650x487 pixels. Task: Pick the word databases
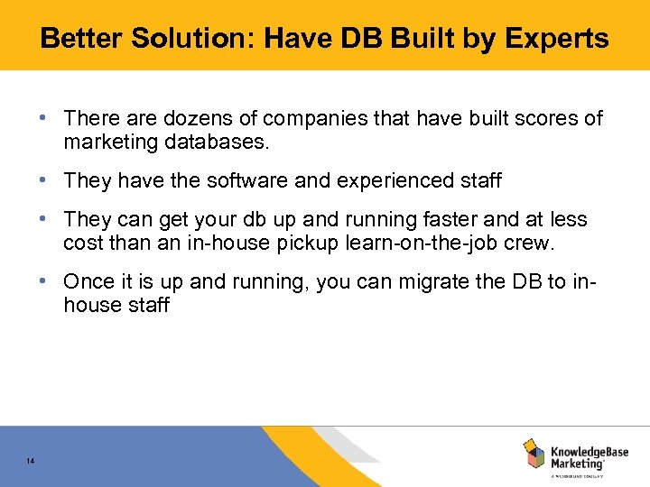[x=209, y=142]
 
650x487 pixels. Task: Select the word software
[x=246, y=180]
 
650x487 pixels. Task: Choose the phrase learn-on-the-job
[x=432, y=243]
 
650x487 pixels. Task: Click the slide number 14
[x=31, y=462]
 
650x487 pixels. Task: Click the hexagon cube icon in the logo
[x=534, y=454]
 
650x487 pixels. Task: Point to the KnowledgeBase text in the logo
[x=590, y=450]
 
